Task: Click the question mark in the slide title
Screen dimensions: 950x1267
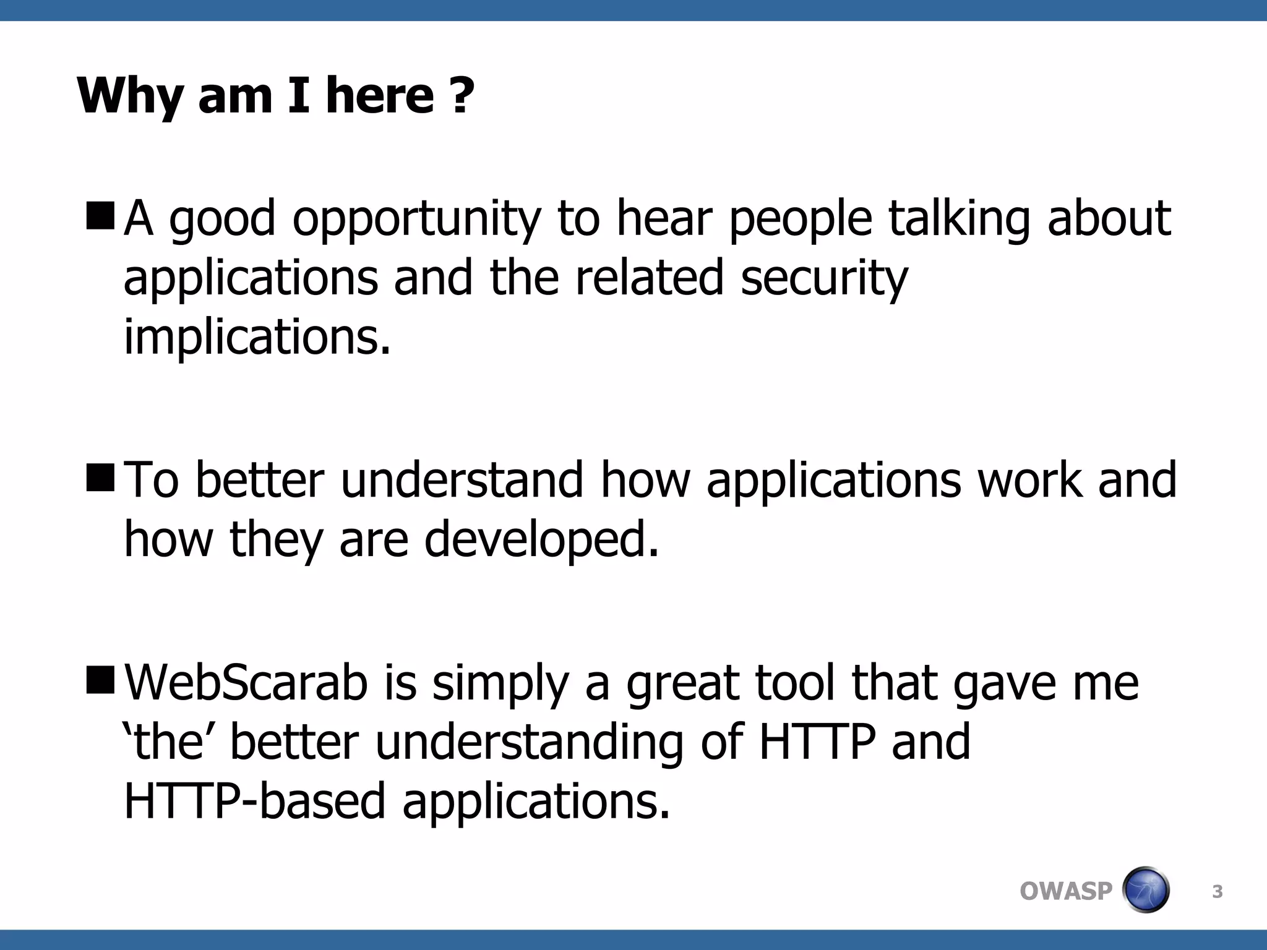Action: pos(462,96)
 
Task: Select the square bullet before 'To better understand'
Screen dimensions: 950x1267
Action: pos(100,477)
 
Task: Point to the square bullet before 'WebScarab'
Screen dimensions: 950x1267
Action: pos(100,680)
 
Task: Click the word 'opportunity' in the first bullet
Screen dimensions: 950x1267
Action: pos(416,221)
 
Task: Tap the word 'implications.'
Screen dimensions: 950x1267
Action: pos(257,338)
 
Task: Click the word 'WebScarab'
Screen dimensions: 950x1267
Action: pos(246,683)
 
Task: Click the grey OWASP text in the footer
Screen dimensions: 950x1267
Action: pos(1065,891)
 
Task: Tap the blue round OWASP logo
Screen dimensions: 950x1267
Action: pos(1145,890)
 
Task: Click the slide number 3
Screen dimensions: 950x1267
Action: pos(1217,892)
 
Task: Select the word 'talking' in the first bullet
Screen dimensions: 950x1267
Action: pos(959,221)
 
